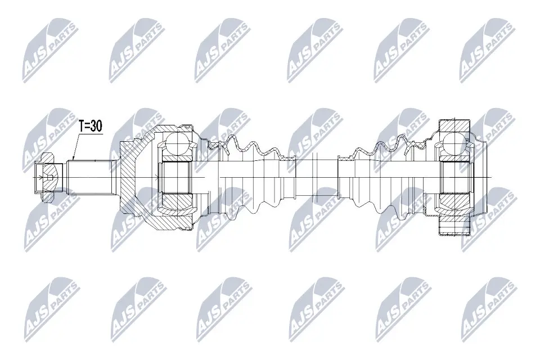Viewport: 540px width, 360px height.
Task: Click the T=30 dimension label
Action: [x=90, y=126]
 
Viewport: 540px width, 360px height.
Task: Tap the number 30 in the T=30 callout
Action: [x=97, y=126]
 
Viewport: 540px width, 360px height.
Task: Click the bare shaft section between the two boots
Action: [x=317, y=176]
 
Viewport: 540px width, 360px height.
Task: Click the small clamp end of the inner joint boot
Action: [x=345, y=177]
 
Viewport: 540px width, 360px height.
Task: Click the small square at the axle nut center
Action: [x=49, y=178]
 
